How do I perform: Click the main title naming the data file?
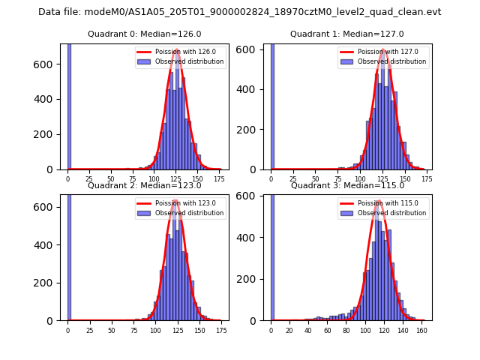239,12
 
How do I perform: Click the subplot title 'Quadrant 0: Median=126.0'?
144,34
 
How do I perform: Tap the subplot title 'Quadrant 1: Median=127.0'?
346,34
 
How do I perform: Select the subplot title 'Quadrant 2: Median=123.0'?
144,185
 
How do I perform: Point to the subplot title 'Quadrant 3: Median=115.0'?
346,185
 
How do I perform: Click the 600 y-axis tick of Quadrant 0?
49,64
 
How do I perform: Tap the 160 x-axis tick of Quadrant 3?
422,330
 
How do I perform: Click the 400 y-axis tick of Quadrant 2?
49,244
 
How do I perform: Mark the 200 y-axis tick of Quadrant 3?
252,279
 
